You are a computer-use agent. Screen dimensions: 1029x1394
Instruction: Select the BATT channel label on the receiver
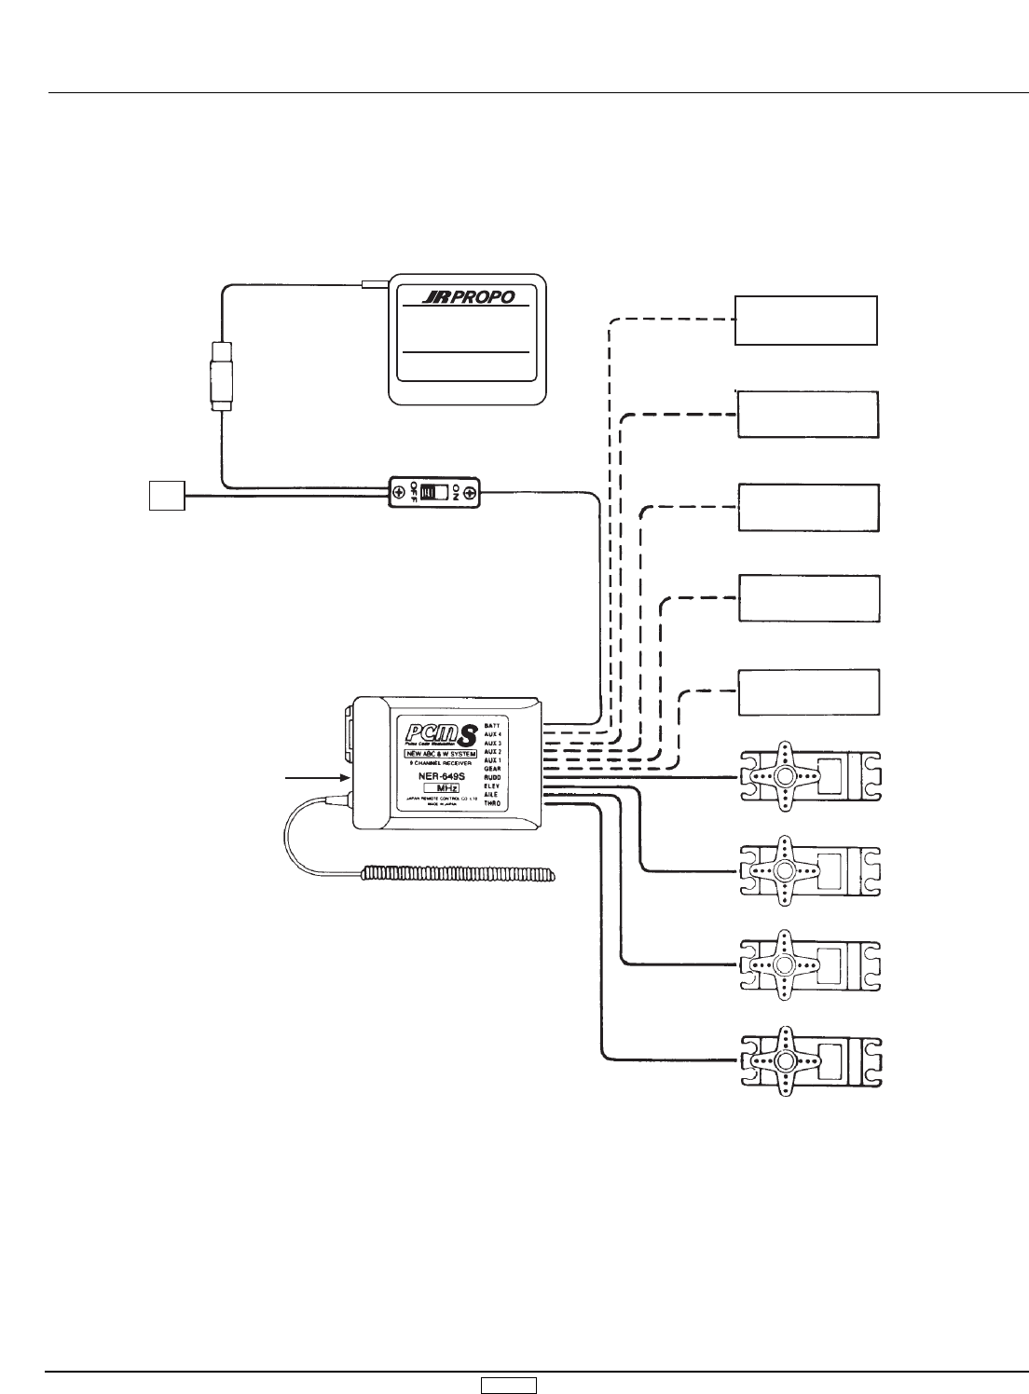[494, 725]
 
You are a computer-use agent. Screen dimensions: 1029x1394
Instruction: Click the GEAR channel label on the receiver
[494, 769]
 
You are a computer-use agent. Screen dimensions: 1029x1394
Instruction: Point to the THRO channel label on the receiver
[494, 803]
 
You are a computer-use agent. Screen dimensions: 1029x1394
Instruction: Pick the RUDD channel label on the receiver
[494, 777]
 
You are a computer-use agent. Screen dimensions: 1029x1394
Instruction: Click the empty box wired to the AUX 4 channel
[806, 321]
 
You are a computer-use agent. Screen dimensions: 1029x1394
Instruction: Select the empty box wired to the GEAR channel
[809, 690]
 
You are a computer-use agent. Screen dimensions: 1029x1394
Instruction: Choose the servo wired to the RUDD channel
[809, 775]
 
